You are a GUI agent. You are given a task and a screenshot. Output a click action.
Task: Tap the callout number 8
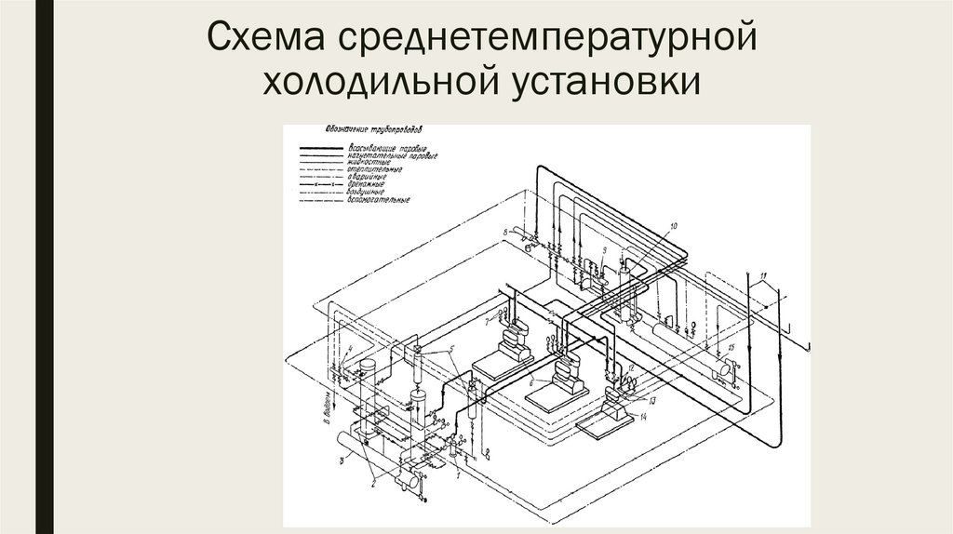tap(506, 230)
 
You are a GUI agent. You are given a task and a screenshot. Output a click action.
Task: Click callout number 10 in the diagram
tap(673, 226)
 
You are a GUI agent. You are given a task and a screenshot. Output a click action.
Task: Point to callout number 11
tap(762, 276)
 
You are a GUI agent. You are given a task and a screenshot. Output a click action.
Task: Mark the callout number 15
tap(732, 347)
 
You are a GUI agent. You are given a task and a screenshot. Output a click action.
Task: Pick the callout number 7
tap(486, 321)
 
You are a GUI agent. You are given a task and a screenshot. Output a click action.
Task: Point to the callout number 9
tap(605, 251)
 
